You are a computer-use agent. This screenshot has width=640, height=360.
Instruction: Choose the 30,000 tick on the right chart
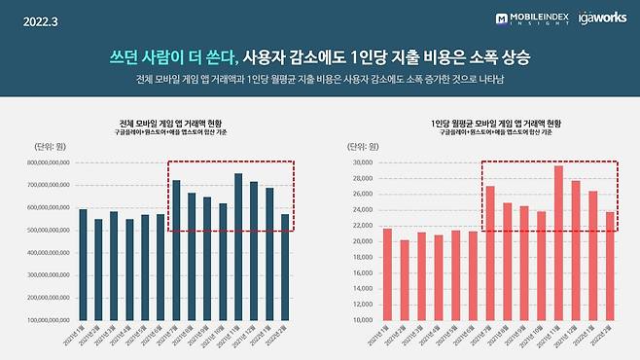point(362,163)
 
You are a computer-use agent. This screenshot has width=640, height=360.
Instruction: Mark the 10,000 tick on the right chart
point(362,319)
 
